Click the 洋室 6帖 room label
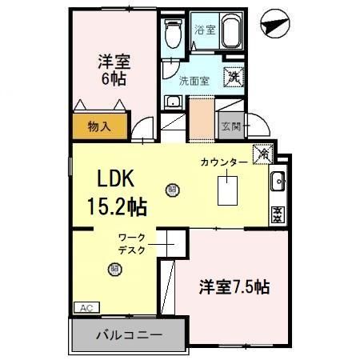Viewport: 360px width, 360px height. tap(114, 70)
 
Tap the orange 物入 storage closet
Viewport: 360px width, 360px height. tap(98, 126)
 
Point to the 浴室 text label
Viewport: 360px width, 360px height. tap(205, 30)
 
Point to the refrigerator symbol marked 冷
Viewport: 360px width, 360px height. tap(262, 154)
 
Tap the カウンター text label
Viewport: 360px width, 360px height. tap(224, 162)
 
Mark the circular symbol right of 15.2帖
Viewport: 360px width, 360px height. tap(171, 190)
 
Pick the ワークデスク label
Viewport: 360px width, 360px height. tap(131, 243)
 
